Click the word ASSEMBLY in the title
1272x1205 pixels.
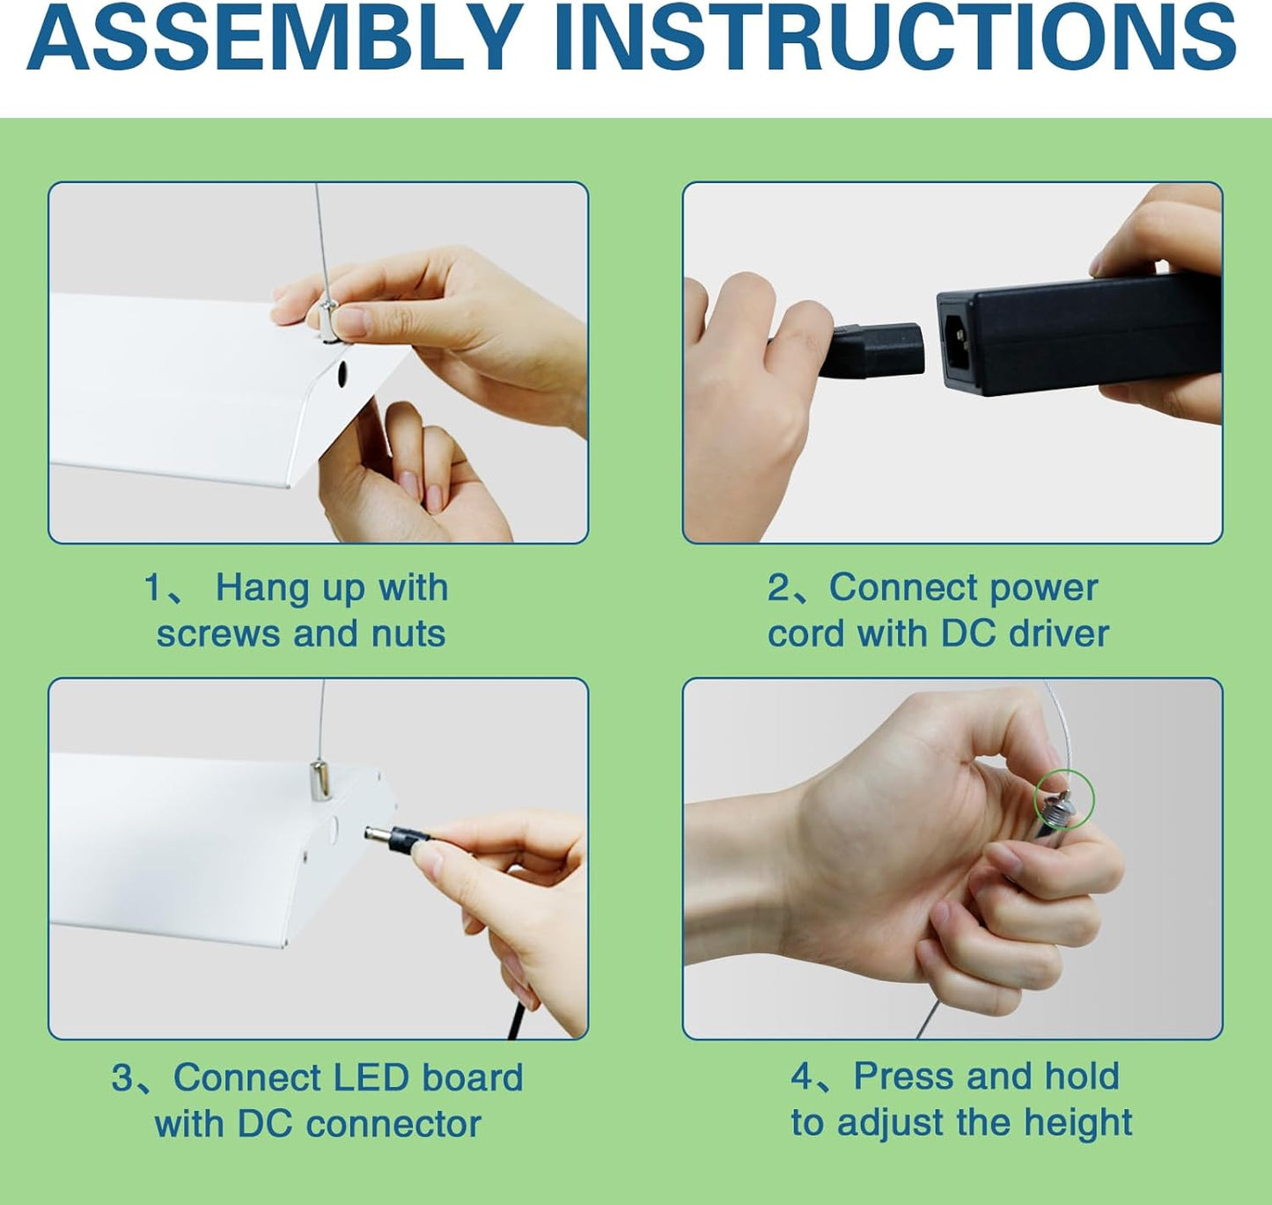click(x=275, y=38)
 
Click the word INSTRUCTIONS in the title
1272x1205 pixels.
click(x=896, y=38)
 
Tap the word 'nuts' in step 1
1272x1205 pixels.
click(x=408, y=634)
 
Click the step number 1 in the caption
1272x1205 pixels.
click(x=152, y=588)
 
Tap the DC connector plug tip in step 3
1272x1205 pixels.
click(x=372, y=834)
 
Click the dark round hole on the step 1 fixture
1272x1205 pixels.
click(x=342, y=374)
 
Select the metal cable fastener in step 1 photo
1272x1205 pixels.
click(x=329, y=321)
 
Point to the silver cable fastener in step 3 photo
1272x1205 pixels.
click(x=320, y=781)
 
